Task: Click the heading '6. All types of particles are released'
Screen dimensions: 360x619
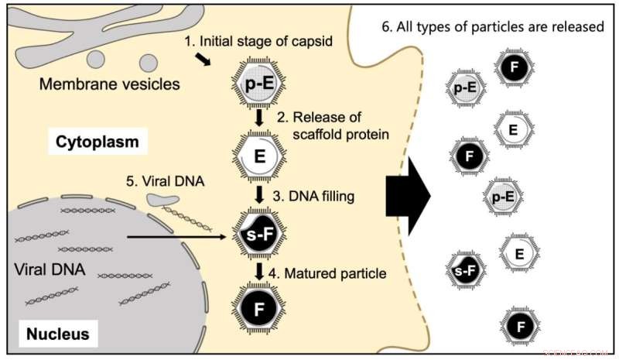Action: [x=493, y=26]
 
